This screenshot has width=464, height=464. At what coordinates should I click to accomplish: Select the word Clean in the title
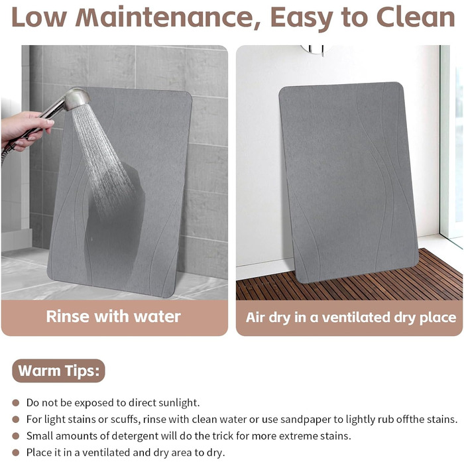[416, 17]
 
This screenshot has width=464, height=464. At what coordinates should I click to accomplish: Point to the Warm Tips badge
[58, 371]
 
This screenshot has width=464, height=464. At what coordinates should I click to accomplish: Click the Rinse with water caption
[113, 316]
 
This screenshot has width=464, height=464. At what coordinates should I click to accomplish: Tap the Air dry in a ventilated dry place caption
[351, 318]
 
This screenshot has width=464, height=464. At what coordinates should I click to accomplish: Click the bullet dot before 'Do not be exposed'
[16, 403]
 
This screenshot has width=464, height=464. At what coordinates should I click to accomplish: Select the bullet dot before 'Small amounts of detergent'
[16, 436]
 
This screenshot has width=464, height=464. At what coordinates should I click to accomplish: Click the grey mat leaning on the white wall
[348, 182]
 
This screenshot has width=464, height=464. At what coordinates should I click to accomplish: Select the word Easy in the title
[302, 18]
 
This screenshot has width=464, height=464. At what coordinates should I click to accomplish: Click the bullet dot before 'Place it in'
[16, 453]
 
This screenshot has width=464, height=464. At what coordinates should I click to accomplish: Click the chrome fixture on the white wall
[313, 50]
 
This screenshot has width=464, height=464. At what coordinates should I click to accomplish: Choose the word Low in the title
[39, 17]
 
